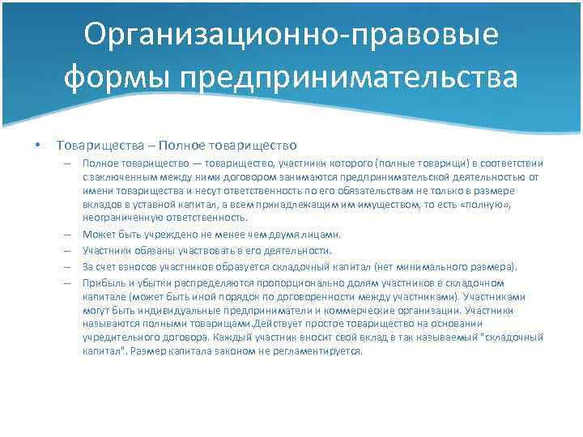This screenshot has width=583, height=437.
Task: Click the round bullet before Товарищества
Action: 37,146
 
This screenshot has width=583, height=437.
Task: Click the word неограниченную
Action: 117,218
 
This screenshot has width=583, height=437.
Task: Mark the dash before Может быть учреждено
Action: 70,235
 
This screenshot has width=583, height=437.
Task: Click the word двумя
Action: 284,235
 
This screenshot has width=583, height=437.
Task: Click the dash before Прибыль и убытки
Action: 70,282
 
